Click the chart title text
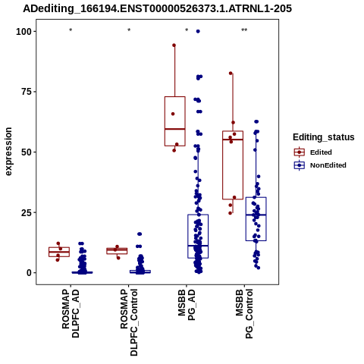point(157,9)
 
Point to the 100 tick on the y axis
point(24,32)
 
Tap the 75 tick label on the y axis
point(27,92)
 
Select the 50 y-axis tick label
point(27,152)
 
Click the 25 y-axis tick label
point(27,212)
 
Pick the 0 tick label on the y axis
point(30,273)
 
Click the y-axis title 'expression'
point(8,152)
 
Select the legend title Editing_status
point(324,137)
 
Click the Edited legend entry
point(313,152)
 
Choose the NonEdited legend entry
point(320,165)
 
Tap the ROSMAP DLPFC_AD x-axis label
point(71,314)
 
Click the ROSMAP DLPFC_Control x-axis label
point(129,322)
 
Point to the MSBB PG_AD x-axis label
point(187,305)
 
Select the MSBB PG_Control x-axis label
point(244,314)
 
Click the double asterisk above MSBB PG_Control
point(244,30)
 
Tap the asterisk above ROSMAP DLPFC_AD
point(71,30)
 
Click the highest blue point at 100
point(198,31)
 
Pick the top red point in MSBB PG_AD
point(174,45)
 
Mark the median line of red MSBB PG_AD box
point(175,129)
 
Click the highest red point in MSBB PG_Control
point(231,73)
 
